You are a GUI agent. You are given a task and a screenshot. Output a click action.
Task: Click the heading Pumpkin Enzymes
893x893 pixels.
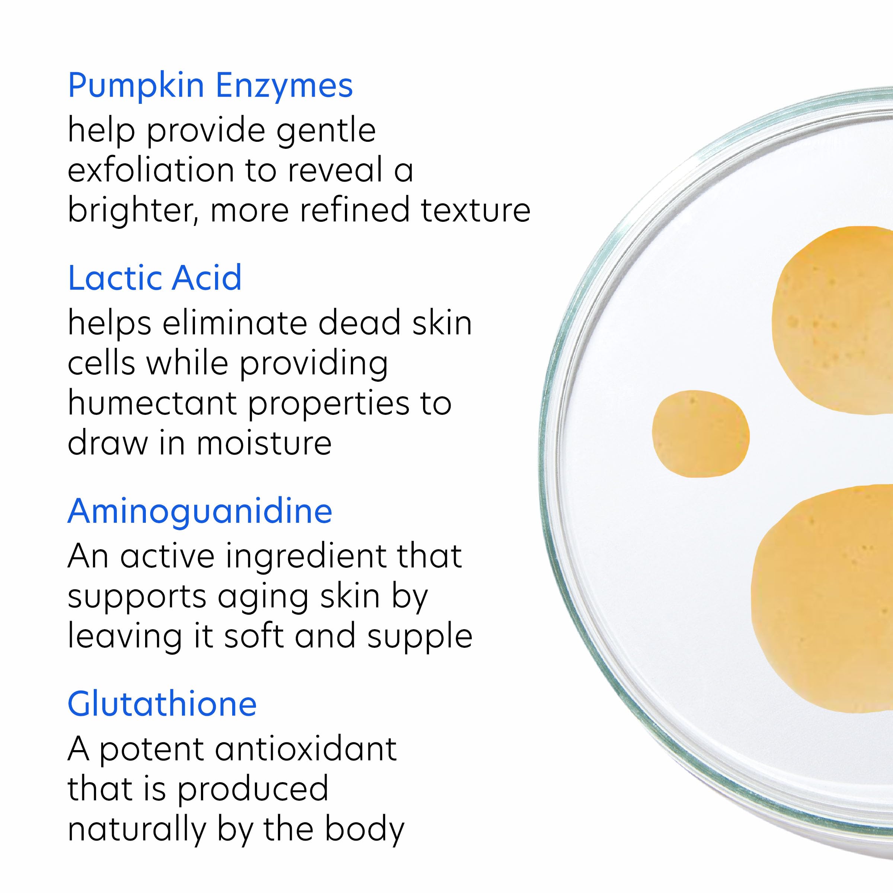210,86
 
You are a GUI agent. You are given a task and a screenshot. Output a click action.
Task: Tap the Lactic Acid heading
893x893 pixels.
154,278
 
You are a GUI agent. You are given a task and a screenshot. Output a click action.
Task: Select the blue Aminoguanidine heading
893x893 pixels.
200,511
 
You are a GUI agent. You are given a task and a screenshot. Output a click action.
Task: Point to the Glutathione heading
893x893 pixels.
162,704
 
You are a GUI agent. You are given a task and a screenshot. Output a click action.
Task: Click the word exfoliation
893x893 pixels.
151,170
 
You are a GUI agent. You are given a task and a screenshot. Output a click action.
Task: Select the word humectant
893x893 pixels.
153,403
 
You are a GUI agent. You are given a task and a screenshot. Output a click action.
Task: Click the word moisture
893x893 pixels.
264,443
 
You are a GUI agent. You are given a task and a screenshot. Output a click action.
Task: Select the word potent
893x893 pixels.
151,750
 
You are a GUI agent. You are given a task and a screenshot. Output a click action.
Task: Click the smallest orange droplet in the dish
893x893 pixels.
700,433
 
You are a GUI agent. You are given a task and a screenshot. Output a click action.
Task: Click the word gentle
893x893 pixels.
326,131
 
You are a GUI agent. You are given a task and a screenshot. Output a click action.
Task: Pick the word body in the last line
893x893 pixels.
364,830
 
